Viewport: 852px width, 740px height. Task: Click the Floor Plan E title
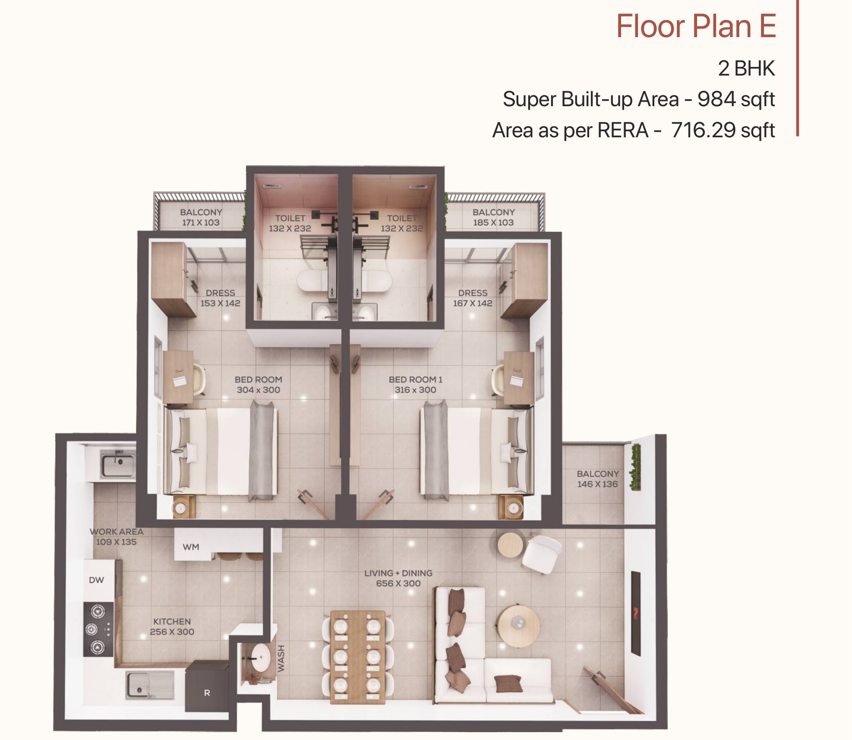(x=696, y=26)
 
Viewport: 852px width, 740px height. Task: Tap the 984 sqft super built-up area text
(x=736, y=99)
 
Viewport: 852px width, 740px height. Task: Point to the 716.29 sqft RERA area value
(x=723, y=130)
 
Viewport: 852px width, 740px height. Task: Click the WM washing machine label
(x=191, y=547)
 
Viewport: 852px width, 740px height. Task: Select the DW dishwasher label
(x=96, y=580)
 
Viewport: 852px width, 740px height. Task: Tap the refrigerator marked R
(x=207, y=686)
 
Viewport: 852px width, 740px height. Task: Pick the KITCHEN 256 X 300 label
(x=172, y=626)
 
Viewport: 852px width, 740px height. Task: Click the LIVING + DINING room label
(x=398, y=578)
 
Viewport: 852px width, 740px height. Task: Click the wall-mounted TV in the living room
(x=635, y=614)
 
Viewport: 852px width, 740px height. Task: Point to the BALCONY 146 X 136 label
(x=598, y=479)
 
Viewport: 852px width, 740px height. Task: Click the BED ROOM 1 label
(x=415, y=385)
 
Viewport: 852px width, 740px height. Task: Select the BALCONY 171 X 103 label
(x=201, y=217)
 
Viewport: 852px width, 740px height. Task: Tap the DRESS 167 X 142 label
(x=473, y=298)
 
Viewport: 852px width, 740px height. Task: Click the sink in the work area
(x=118, y=464)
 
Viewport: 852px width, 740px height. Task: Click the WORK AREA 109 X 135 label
(x=117, y=537)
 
